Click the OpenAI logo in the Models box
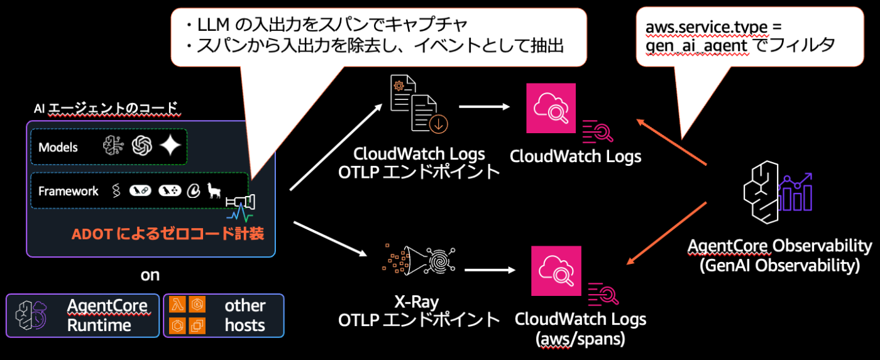tap(143, 146)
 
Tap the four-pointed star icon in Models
tap(170, 146)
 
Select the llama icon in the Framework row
tap(214, 190)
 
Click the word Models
tap(58, 147)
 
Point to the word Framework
tap(69, 191)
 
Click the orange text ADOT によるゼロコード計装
tap(167, 234)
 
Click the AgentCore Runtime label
tap(107, 315)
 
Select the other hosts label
tap(245, 315)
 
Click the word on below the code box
tap(150, 275)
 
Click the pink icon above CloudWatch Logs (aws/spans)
tap(556, 271)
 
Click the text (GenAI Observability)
tap(779, 265)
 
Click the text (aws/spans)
tap(580, 339)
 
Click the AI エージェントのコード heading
tap(106, 109)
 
